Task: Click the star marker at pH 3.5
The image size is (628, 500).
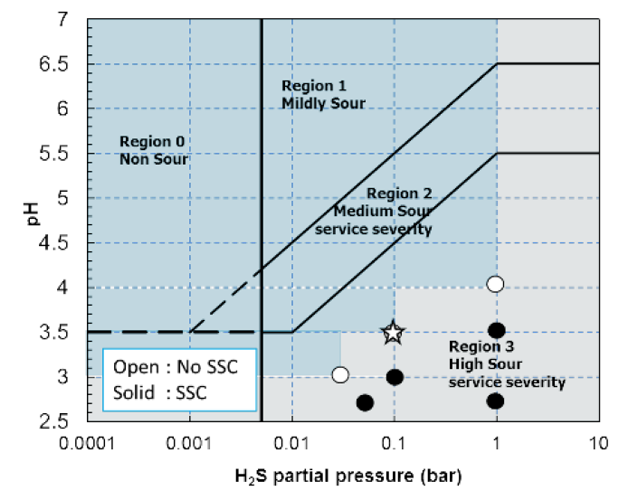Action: [x=393, y=333]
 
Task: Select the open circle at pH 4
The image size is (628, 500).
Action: [x=495, y=284]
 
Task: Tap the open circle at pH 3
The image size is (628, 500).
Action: [x=340, y=374]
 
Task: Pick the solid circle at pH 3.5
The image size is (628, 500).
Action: [x=496, y=331]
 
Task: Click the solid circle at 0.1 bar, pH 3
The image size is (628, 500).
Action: [x=395, y=377]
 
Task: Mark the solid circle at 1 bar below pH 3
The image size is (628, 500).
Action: [x=495, y=401]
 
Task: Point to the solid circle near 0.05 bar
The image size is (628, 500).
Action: [x=365, y=402]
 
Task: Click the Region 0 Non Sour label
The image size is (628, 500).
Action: [x=153, y=151]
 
